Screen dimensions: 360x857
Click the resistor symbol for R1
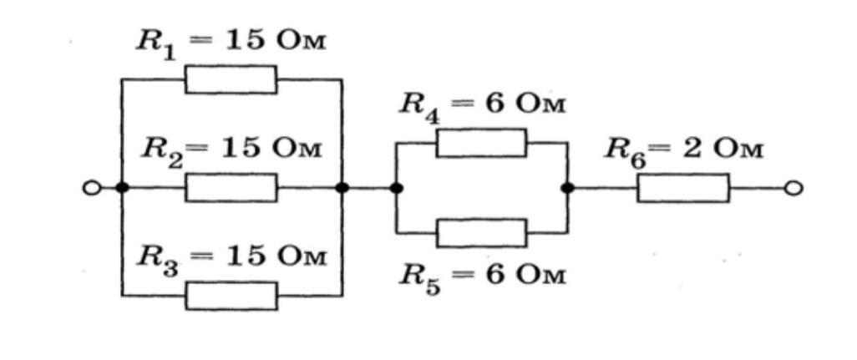(231, 80)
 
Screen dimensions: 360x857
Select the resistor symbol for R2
(231, 188)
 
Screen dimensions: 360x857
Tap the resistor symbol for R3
(231, 295)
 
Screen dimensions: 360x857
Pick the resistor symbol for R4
(481, 143)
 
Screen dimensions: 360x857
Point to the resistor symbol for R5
(481, 232)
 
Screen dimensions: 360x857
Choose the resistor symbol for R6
(683, 188)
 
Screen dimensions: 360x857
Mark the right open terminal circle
(794, 188)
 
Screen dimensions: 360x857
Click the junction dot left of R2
(122, 188)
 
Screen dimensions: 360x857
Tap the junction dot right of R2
(342, 188)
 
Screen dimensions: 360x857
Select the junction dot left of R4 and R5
(397, 188)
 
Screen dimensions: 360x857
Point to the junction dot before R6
(568, 188)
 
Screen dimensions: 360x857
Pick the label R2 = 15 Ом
(231, 151)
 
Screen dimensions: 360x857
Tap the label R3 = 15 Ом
(231, 257)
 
